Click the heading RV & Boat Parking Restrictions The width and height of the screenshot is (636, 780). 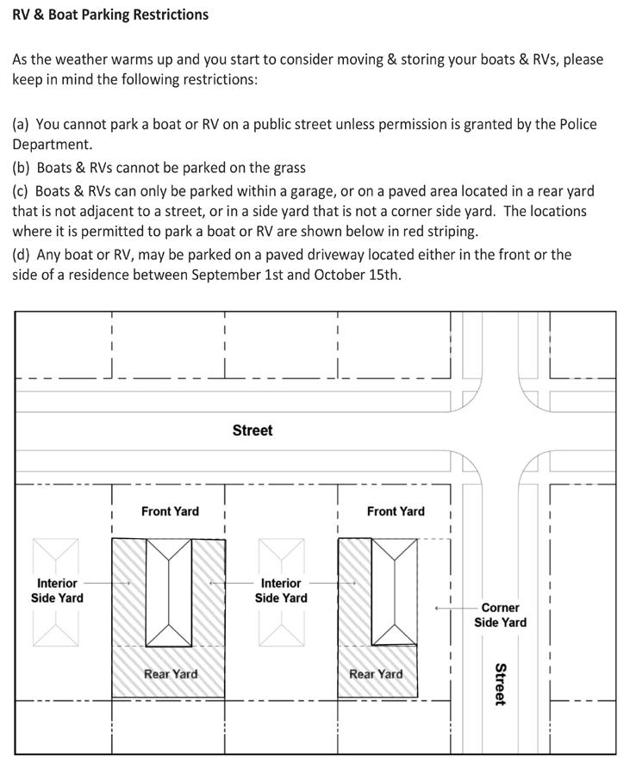[x=110, y=15]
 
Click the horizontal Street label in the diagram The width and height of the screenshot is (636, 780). [x=253, y=430]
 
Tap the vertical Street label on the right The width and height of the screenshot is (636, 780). [x=500, y=684]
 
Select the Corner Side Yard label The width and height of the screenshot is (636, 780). [x=500, y=615]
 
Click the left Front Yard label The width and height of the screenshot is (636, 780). [x=170, y=511]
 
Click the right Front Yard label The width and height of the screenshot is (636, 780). [x=396, y=511]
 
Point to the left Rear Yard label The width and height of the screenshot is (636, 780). [x=171, y=674]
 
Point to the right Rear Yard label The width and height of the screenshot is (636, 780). [x=376, y=674]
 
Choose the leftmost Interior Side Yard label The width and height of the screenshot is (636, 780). [x=57, y=591]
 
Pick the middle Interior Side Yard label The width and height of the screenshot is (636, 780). [x=281, y=591]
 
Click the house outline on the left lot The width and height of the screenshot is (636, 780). [x=169, y=592]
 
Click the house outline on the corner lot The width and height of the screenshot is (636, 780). [x=394, y=592]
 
